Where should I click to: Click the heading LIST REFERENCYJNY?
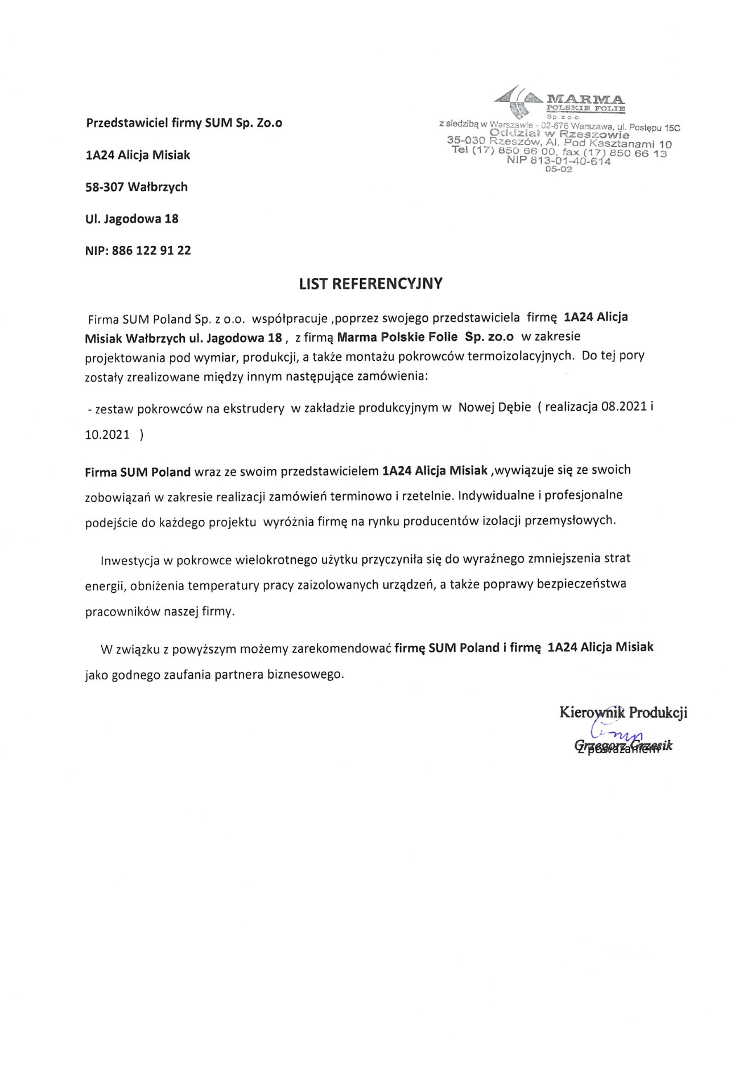(x=370, y=284)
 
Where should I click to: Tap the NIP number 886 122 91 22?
(x=151, y=251)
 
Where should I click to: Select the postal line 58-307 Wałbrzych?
(x=137, y=187)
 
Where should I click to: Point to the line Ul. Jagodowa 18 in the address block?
(x=132, y=219)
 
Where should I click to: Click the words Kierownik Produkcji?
(x=623, y=712)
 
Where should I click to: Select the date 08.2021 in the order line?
(x=624, y=407)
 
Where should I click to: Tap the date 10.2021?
(x=108, y=434)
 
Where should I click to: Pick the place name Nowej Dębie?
(x=494, y=407)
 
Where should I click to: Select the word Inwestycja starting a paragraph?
(x=130, y=560)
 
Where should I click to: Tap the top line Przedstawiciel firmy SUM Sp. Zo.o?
(x=184, y=123)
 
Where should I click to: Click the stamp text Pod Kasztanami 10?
(x=618, y=144)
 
